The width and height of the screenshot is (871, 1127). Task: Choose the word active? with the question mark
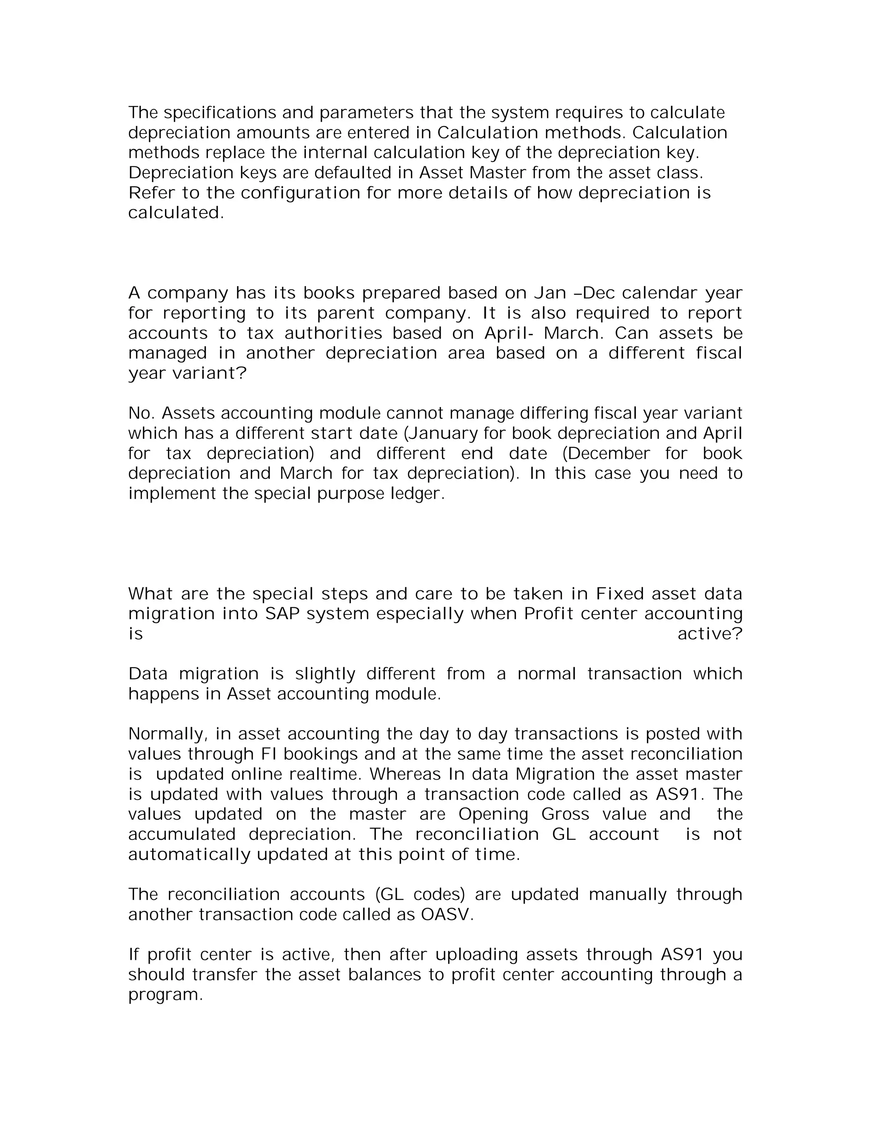click(x=709, y=634)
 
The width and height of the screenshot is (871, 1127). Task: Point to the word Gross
click(x=565, y=815)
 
